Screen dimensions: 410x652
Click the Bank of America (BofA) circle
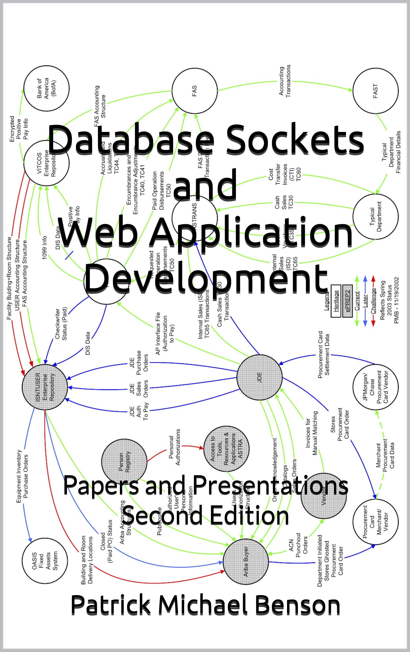[x=46, y=88]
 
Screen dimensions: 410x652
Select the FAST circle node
[x=375, y=91]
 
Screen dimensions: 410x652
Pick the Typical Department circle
[x=376, y=217]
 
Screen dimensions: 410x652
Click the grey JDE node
[x=259, y=377]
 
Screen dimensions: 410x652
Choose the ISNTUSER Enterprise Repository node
[x=45, y=387]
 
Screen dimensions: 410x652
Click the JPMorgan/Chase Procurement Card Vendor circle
[x=376, y=387]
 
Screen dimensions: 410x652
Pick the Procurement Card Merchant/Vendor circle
[x=376, y=521]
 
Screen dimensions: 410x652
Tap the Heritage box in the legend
[x=336, y=301]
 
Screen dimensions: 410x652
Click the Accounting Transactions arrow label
[x=284, y=81]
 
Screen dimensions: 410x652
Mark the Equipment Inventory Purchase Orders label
[x=22, y=476]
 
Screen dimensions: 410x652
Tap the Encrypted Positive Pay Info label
[x=19, y=129]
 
